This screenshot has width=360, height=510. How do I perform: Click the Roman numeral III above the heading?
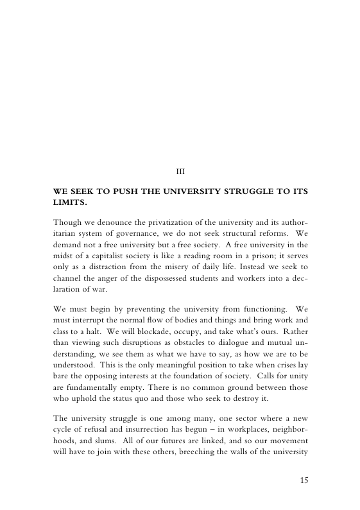click(x=180, y=171)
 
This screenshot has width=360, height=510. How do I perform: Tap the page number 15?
click(x=304, y=479)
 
